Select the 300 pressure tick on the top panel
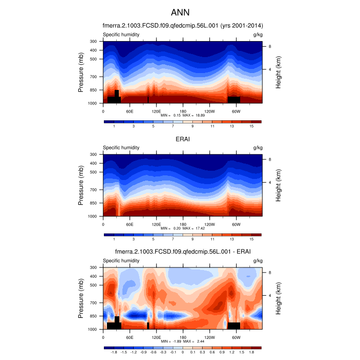[94, 41]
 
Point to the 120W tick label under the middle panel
[209, 224]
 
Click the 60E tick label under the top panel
[130, 111]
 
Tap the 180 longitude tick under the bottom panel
[183, 337]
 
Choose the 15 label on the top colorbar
[251, 126]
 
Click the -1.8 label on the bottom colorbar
[114, 352]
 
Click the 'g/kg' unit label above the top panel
[258, 34]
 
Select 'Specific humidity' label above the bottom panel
[121, 261]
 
